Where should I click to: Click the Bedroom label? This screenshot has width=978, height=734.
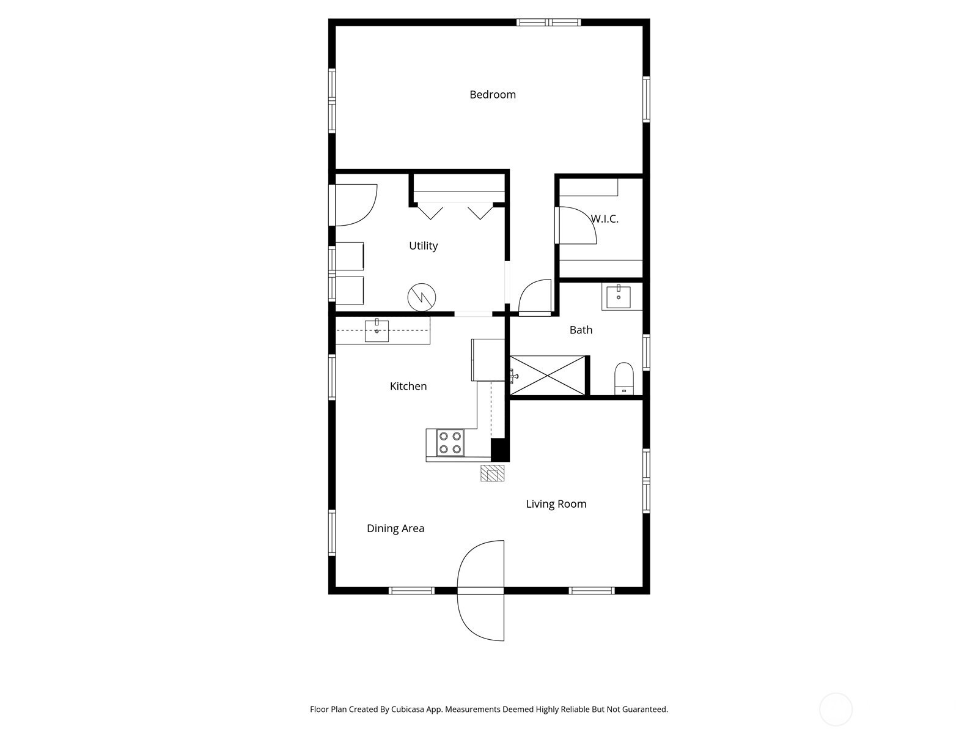point(492,94)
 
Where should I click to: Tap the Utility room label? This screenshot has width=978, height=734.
point(423,245)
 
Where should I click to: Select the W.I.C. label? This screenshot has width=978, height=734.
point(605,219)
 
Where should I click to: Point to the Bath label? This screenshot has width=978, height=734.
point(581,330)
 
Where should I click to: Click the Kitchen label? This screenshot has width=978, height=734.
point(408,386)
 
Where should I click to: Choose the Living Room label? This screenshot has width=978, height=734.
point(556,504)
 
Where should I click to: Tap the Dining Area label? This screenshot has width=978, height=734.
point(395,528)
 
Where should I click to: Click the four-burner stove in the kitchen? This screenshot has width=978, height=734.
point(450,442)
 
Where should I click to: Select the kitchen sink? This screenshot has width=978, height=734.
point(377,330)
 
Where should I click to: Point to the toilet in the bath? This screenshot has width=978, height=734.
point(624,379)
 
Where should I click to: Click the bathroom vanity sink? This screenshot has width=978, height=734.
point(619,297)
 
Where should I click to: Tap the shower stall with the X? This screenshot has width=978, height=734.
point(548,375)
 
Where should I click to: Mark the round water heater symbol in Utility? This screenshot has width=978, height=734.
point(422,297)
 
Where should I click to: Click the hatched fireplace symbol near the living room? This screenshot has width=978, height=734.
point(492,473)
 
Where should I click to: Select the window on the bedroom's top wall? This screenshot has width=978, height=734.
point(548,22)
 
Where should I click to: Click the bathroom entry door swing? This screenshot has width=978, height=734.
point(535,297)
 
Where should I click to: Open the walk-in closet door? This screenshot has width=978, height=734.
point(576,225)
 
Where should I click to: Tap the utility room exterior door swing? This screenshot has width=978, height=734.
point(353,205)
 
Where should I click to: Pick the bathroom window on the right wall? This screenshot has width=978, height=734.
point(646,352)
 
